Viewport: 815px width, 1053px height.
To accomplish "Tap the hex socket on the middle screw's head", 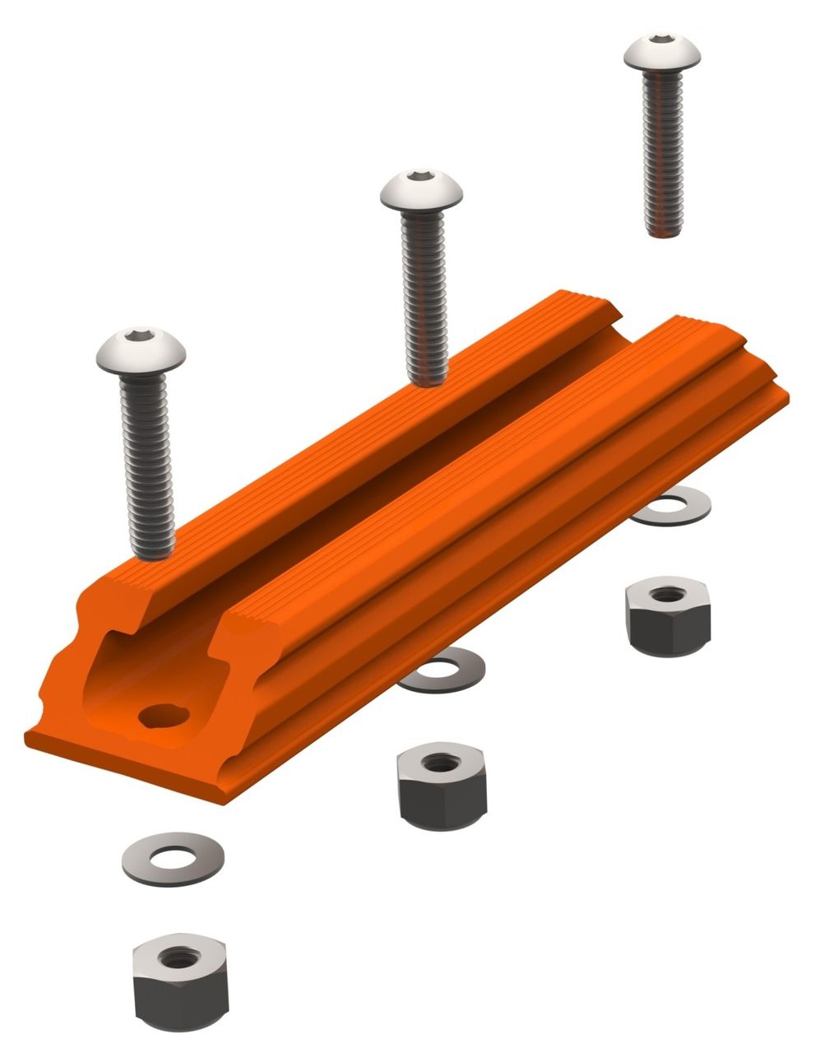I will click(422, 177).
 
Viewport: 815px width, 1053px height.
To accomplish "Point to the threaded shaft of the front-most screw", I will click(147, 469).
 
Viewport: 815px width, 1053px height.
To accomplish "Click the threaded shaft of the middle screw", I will click(424, 296).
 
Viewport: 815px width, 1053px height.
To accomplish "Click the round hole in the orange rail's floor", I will click(163, 715).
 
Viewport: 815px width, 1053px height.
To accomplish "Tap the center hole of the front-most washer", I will click(172, 858).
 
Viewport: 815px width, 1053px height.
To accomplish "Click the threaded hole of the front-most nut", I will click(174, 958).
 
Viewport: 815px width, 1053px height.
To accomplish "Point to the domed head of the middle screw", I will click(422, 191).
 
